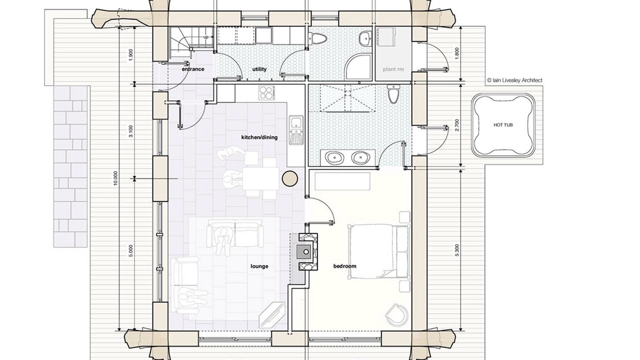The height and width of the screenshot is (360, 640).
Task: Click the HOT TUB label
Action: [x=503, y=125]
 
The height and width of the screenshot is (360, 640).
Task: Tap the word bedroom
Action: [x=345, y=266]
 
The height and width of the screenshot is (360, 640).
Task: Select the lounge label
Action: [x=259, y=266]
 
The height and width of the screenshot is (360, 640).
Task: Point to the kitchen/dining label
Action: [x=259, y=137]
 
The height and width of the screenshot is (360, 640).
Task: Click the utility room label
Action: [x=259, y=69]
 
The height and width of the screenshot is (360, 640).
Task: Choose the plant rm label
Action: [x=393, y=69]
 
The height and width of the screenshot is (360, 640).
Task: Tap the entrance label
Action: [x=193, y=69]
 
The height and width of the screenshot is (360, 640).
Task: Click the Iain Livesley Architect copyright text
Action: [x=514, y=80]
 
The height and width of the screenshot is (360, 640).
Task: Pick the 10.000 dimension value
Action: [x=115, y=178]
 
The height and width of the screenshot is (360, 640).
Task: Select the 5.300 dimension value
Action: [x=457, y=250]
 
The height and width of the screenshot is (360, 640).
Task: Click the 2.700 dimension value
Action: [x=457, y=125]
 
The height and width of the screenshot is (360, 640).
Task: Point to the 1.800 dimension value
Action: [x=457, y=53]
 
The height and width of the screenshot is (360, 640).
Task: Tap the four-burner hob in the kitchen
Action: [x=266, y=93]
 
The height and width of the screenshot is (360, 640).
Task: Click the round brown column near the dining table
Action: [x=290, y=178]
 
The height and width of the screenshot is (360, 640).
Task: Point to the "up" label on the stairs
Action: [x=205, y=37]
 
